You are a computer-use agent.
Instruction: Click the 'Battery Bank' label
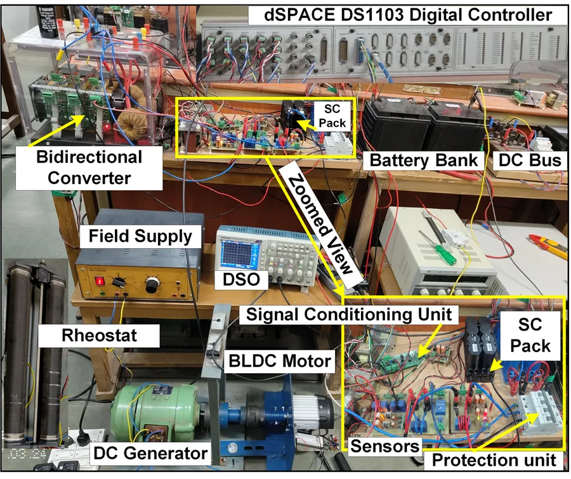pyautogui.click(x=424, y=161)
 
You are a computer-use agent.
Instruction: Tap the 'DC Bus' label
pyautogui.click(x=530, y=161)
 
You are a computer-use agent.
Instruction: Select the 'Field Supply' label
pyautogui.click(x=140, y=236)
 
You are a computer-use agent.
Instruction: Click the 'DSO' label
pyautogui.click(x=241, y=280)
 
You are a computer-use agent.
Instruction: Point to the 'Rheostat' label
pyautogui.click(x=99, y=335)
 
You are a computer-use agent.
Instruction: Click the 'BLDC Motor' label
pyautogui.click(x=280, y=361)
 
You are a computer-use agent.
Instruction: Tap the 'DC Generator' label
pyautogui.click(x=150, y=453)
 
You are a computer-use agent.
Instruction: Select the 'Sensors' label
pyautogui.click(x=384, y=446)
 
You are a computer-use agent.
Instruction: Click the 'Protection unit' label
pyautogui.click(x=494, y=460)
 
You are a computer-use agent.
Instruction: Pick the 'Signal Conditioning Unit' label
pyautogui.click(x=349, y=314)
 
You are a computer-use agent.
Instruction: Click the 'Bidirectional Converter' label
pyautogui.click(x=89, y=167)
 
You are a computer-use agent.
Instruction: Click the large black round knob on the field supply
pyautogui.click(x=152, y=285)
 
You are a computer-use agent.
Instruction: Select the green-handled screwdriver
pyautogui.click(x=437, y=243)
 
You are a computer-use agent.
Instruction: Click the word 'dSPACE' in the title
pyautogui.click(x=299, y=15)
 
